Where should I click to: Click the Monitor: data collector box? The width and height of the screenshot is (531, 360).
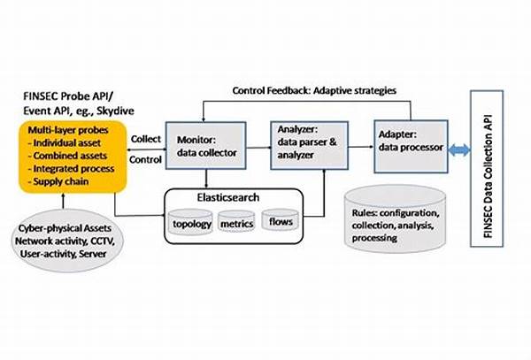point(205,146)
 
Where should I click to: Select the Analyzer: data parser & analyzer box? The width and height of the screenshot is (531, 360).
point(309,145)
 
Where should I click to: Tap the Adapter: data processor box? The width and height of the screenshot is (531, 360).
point(411,147)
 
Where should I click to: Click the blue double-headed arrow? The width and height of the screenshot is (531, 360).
point(459,149)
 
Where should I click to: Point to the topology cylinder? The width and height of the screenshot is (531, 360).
point(191,222)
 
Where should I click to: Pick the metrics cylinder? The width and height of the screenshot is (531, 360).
point(236,222)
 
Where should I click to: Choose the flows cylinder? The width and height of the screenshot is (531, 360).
point(281,220)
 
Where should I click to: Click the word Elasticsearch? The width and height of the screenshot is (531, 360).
point(228,197)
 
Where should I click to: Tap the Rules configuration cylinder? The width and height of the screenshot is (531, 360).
point(396,218)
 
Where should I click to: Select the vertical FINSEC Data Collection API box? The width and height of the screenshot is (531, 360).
point(487,168)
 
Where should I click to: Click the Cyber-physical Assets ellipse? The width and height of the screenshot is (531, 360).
point(67,241)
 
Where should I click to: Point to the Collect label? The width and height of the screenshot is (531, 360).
point(146,139)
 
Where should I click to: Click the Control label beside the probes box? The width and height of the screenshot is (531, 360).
point(145,159)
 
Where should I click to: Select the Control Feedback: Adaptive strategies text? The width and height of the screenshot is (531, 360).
point(314,91)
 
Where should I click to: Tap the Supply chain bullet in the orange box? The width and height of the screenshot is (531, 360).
point(58,181)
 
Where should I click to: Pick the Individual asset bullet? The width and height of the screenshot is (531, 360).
point(65,142)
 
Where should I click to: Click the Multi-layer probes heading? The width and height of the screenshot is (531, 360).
point(68,130)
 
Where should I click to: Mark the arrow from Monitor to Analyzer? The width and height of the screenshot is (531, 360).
point(258,148)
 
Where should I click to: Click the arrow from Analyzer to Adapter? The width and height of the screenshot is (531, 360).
point(361,147)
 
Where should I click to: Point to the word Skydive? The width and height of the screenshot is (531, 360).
point(115,111)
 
